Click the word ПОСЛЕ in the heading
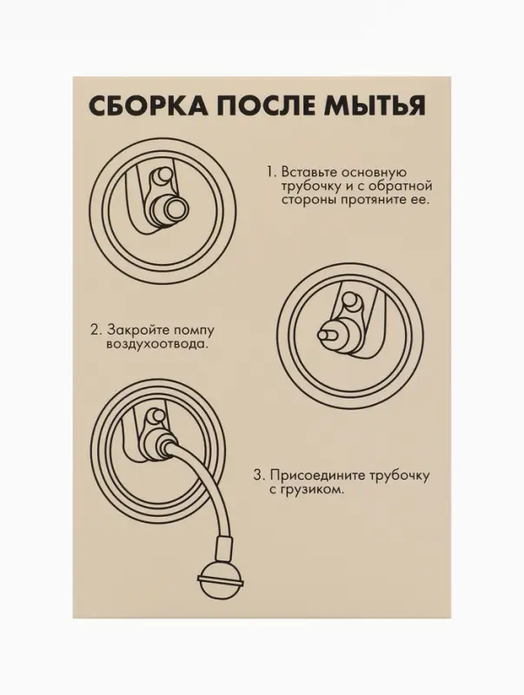click(x=260, y=107)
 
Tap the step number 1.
click(x=270, y=171)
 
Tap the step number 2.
click(x=94, y=330)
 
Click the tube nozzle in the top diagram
click(x=169, y=209)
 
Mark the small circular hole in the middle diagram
click(x=350, y=303)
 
